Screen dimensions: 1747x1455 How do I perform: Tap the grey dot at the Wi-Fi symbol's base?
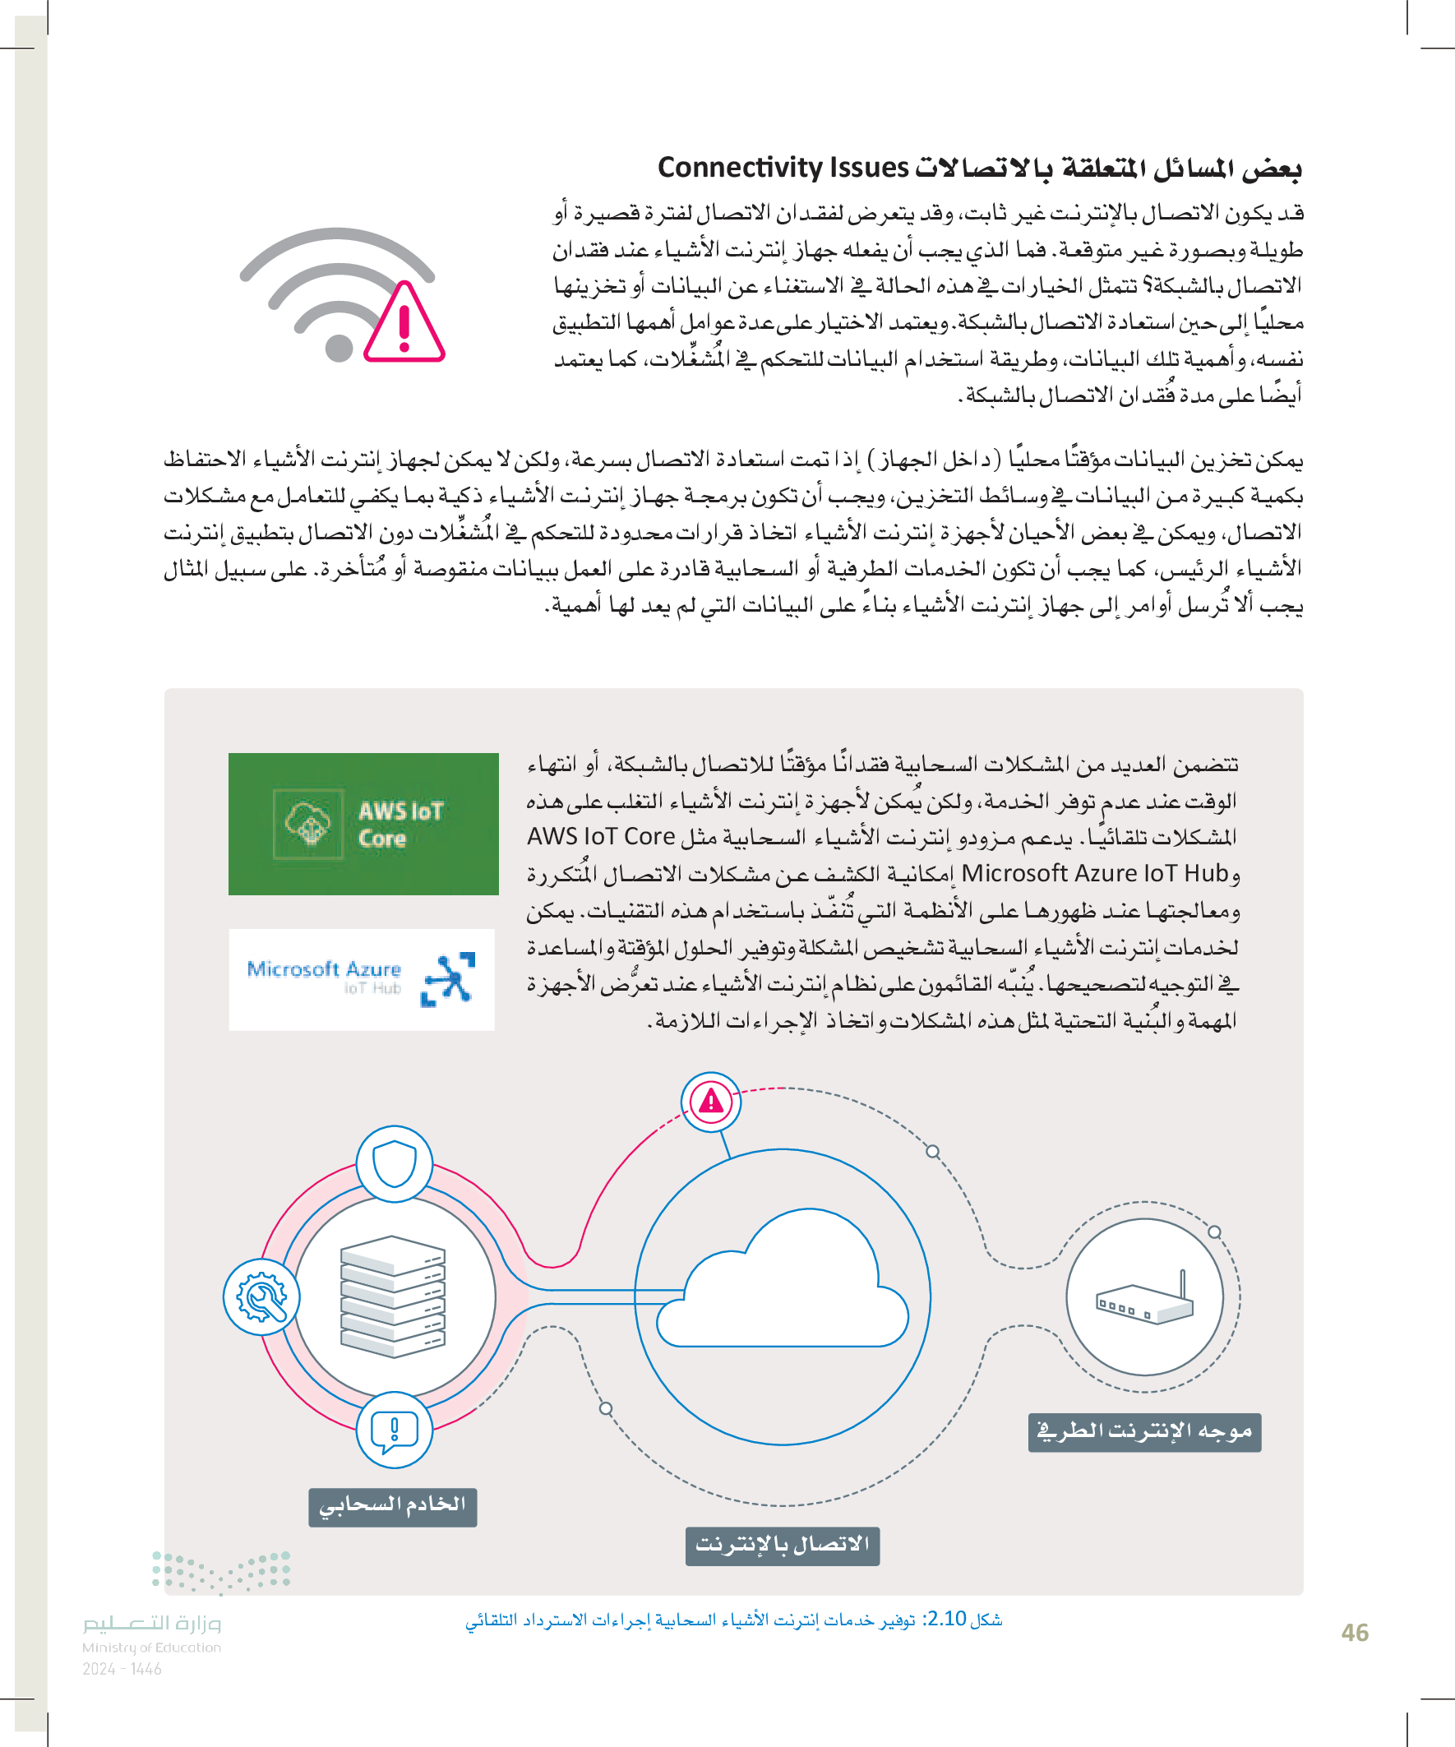(x=339, y=347)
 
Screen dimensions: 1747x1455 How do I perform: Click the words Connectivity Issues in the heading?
(x=782, y=168)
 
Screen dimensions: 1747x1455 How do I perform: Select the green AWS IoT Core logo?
(x=363, y=824)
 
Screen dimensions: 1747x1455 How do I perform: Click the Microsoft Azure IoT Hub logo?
(x=361, y=979)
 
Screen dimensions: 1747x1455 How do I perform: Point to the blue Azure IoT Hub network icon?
(x=448, y=978)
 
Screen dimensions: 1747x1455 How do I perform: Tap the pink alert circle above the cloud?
(x=710, y=1102)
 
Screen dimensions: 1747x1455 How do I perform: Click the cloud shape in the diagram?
(x=783, y=1282)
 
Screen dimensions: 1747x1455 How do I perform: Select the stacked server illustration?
(x=393, y=1296)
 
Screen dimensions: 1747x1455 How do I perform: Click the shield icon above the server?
(x=395, y=1163)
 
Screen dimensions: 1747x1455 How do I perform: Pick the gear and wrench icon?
(x=261, y=1296)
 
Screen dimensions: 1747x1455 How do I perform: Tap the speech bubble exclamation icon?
(x=395, y=1430)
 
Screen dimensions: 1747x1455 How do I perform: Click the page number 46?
(x=1355, y=1632)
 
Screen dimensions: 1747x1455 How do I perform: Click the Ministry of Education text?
(x=151, y=1648)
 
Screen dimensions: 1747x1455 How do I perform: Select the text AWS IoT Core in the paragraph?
(x=601, y=836)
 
